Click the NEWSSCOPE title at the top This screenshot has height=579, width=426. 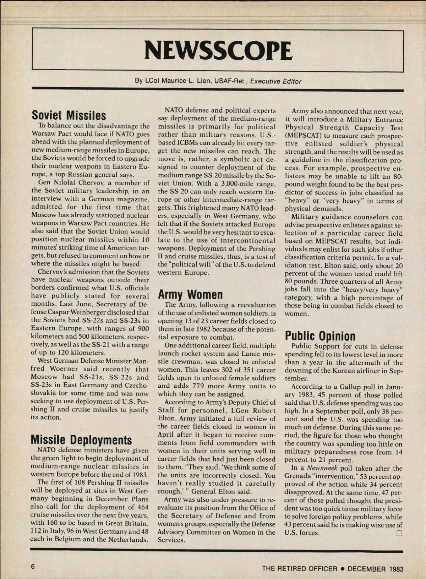coord(218,51)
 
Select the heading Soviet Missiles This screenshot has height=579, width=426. coord(69,115)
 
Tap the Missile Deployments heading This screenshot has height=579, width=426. coord(81,440)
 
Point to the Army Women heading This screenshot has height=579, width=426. coord(190,294)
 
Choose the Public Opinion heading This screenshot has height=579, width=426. coord(320,336)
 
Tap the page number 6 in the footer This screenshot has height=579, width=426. coord(33,566)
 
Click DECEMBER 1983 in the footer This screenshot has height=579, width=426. coord(376,568)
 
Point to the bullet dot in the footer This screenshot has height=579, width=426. coord(343,568)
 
